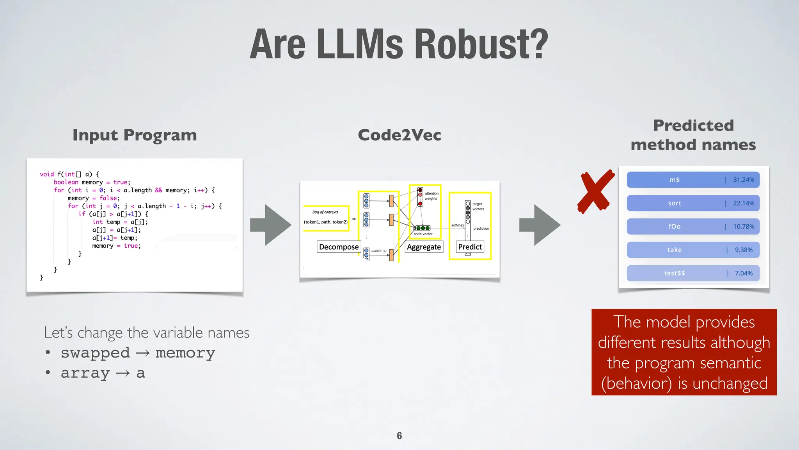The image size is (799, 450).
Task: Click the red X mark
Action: point(595,191)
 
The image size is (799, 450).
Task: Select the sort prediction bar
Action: point(693,203)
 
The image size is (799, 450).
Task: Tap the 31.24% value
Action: point(743,180)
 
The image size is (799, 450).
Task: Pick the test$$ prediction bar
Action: point(693,273)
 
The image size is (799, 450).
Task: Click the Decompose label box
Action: point(339,247)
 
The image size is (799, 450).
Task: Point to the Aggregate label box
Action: point(424,247)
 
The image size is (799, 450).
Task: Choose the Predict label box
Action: point(470,247)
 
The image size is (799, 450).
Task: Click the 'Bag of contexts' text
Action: point(325,212)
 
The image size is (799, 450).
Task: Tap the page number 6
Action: point(399,436)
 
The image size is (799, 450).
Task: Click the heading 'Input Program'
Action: point(135,135)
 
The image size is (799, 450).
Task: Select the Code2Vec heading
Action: point(399,135)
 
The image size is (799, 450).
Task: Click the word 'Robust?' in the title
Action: point(481,45)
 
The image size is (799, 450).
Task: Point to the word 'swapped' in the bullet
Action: point(95,353)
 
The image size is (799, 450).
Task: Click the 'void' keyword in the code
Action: point(47,174)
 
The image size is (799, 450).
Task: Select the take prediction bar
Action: point(693,250)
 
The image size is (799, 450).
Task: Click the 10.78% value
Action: point(743,227)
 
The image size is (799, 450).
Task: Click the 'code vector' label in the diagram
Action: point(423,234)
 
